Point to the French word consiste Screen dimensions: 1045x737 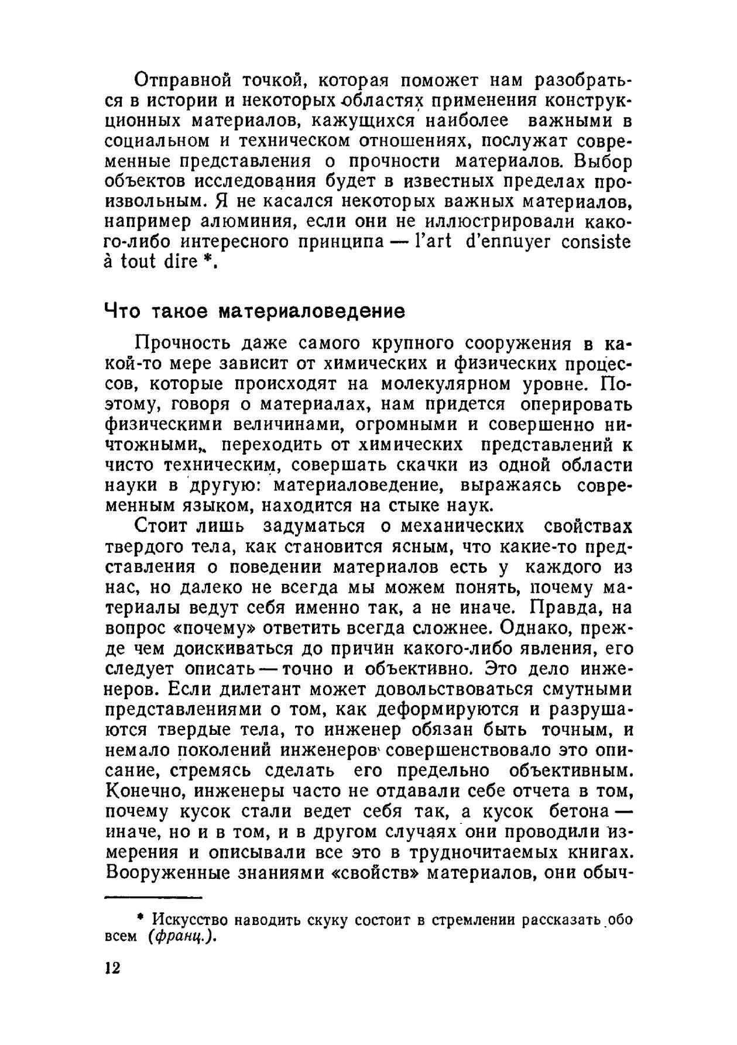click(x=597, y=242)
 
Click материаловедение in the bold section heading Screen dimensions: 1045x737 click(x=311, y=311)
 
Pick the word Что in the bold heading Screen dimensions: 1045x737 click(x=122, y=311)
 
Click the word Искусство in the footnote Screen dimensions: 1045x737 click(x=187, y=919)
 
